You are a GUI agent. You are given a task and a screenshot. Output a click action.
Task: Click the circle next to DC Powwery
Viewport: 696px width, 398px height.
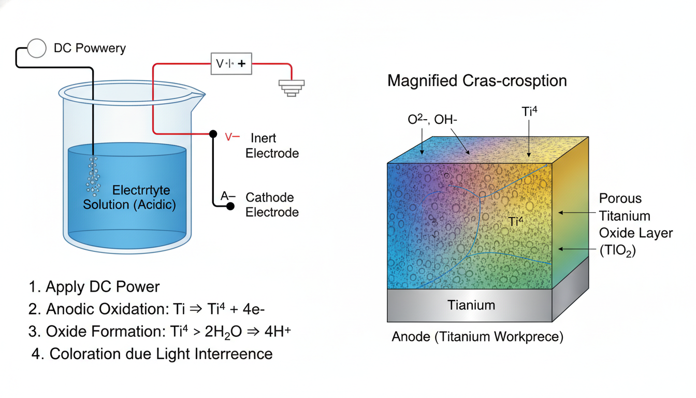click(x=37, y=48)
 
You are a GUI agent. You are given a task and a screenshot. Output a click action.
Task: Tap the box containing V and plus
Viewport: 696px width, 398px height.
click(x=231, y=64)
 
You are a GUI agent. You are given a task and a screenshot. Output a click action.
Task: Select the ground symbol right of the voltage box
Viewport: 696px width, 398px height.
click(x=292, y=88)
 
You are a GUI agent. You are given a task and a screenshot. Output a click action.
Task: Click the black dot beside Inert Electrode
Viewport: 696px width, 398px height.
click(x=213, y=134)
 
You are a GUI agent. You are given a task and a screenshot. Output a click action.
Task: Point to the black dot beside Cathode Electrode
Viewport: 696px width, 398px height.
click(x=230, y=206)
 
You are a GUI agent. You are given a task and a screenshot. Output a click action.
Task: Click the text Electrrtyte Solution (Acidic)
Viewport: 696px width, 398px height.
click(x=129, y=197)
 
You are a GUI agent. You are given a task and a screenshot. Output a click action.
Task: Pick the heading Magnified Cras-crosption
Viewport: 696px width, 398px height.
click(x=477, y=81)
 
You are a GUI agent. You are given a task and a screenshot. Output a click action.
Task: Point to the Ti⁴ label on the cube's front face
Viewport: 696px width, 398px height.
click(x=516, y=222)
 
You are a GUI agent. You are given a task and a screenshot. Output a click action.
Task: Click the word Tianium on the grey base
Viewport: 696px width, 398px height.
click(x=471, y=305)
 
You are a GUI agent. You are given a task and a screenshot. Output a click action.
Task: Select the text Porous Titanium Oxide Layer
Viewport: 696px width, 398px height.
click(x=635, y=224)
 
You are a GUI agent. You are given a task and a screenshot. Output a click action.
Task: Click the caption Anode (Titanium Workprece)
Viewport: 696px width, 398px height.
click(x=477, y=337)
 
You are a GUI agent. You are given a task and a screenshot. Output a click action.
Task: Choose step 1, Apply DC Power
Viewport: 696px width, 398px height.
click(x=94, y=287)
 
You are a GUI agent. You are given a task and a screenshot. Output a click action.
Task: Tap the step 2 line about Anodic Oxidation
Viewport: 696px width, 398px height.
click(x=148, y=309)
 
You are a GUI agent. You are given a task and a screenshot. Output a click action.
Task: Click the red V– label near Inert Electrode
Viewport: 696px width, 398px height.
click(x=232, y=138)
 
